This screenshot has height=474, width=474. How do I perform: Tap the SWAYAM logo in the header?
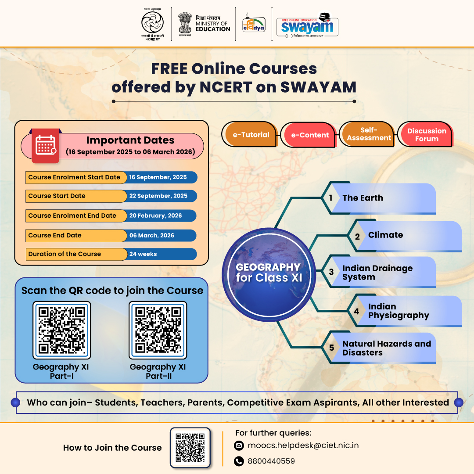(307, 25)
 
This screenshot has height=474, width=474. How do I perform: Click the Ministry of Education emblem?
(185, 23)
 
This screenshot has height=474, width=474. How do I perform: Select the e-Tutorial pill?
(251, 135)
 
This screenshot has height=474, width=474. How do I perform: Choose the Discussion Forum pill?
(427, 134)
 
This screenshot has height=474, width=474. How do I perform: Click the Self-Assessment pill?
(369, 134)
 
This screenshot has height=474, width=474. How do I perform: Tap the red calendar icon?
(45, 146)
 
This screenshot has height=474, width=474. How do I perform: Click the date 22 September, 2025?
(158, 196)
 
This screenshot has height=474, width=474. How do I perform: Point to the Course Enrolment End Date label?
(72, 215)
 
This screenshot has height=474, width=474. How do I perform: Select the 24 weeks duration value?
(143, 254)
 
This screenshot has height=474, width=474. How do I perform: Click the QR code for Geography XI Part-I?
(61, 330)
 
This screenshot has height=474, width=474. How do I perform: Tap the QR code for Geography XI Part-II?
(158, 330)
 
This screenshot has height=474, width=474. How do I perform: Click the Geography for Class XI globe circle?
(268, 273)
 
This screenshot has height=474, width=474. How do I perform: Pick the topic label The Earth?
(363, 198)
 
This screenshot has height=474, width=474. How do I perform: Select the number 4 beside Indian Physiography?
(356, 311)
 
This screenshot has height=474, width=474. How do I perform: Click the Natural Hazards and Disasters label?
(386, 348)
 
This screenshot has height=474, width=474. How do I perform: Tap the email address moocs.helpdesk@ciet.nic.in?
(303, 445)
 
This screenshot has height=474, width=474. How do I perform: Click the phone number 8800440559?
(271, 461)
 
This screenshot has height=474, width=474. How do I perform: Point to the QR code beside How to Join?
(190, 448)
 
